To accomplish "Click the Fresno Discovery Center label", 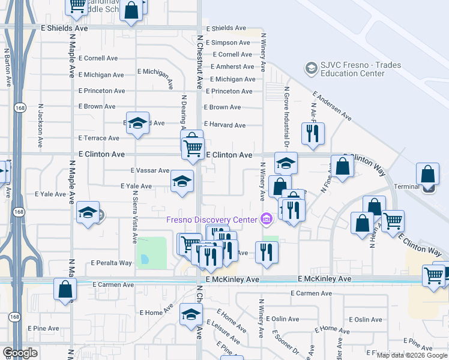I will click(x=211, y=220).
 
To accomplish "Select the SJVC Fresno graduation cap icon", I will click(x=311, y=67).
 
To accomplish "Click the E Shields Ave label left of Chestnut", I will click(x=64, y=28).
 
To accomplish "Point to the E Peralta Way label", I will click(x=111, y=263).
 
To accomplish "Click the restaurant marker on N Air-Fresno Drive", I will click(x=312, y=135).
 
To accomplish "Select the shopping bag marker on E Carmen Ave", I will click(x=65, y=289).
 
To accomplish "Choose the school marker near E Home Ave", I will click(x=191, y=314).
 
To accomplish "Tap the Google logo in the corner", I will click(x=20, y=353).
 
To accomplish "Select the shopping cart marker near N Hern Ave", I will click(x=393, y=221).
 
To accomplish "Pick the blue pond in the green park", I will click(x=144, y=260).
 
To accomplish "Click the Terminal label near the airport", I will click(x=406, y=187).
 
